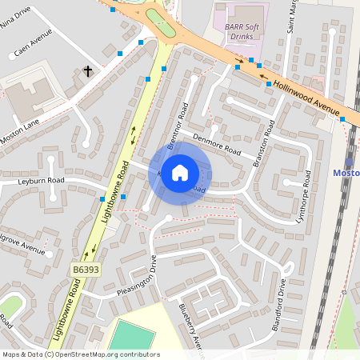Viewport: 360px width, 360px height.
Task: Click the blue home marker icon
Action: click(180, 173)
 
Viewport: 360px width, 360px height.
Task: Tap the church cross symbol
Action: click(88, 72)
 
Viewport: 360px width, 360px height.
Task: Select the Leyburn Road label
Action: click(41, 182)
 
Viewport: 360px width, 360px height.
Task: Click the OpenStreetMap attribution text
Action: click(80, 354)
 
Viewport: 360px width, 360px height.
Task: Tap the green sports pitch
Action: click(131, 336)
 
